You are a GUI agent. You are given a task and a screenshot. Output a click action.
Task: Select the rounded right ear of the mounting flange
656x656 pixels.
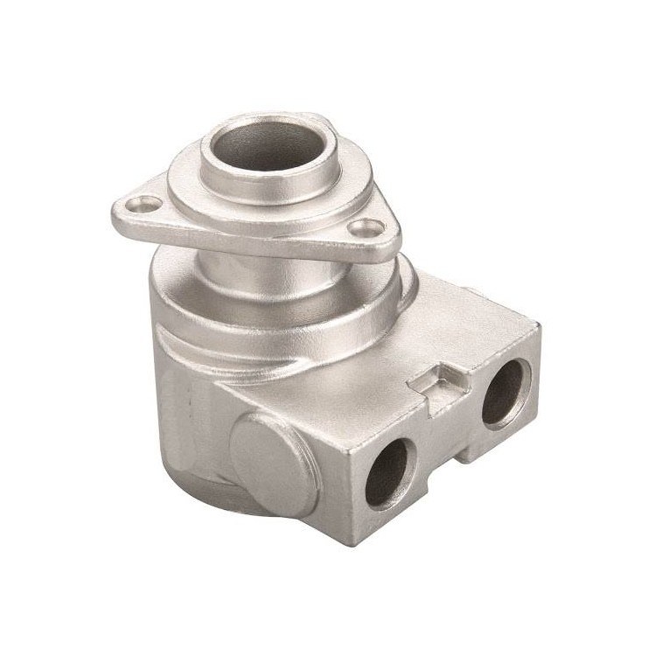(x=385, y=236)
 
